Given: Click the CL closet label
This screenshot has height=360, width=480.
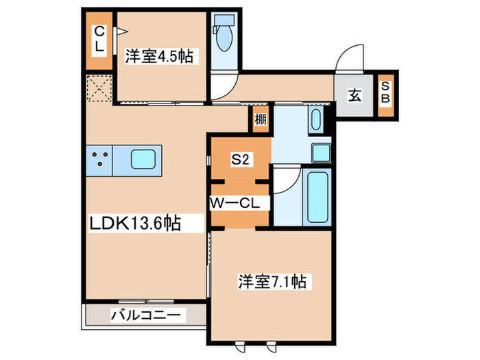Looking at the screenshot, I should (x=99, y=38).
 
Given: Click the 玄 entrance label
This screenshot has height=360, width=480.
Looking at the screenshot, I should (x=355, y=95).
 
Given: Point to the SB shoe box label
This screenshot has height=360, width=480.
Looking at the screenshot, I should (x=386, y=92).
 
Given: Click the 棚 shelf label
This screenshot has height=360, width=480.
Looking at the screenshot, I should (x=261, y=119).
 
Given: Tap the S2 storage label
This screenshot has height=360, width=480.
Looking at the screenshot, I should (x=239, y=160).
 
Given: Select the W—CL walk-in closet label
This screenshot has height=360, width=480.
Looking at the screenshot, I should (x=232, y=203).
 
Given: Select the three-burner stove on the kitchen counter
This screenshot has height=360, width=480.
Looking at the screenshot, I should (x=100, y=160).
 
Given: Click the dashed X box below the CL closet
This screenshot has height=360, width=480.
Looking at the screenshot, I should (x=98, y=88).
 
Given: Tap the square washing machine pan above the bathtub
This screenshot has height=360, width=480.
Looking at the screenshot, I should (x=321, y=152).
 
